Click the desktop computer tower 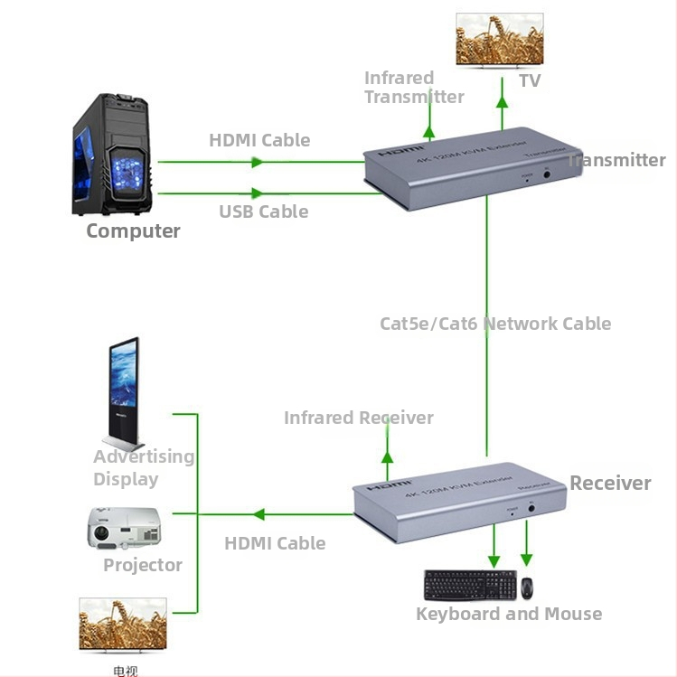118,155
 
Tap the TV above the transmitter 499,40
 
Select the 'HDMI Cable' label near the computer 259,140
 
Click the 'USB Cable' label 263,212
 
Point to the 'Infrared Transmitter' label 413,88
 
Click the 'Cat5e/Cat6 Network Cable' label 495,324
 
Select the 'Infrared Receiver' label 358,418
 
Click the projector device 124,528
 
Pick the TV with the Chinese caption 122,625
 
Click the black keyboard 470,585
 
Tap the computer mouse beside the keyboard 526,587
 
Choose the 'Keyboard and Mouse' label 508,614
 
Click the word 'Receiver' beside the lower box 610,483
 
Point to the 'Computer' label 133,230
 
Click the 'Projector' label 142,565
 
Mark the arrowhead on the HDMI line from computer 258,163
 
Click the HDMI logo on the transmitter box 400,151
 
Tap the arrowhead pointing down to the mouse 527,559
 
